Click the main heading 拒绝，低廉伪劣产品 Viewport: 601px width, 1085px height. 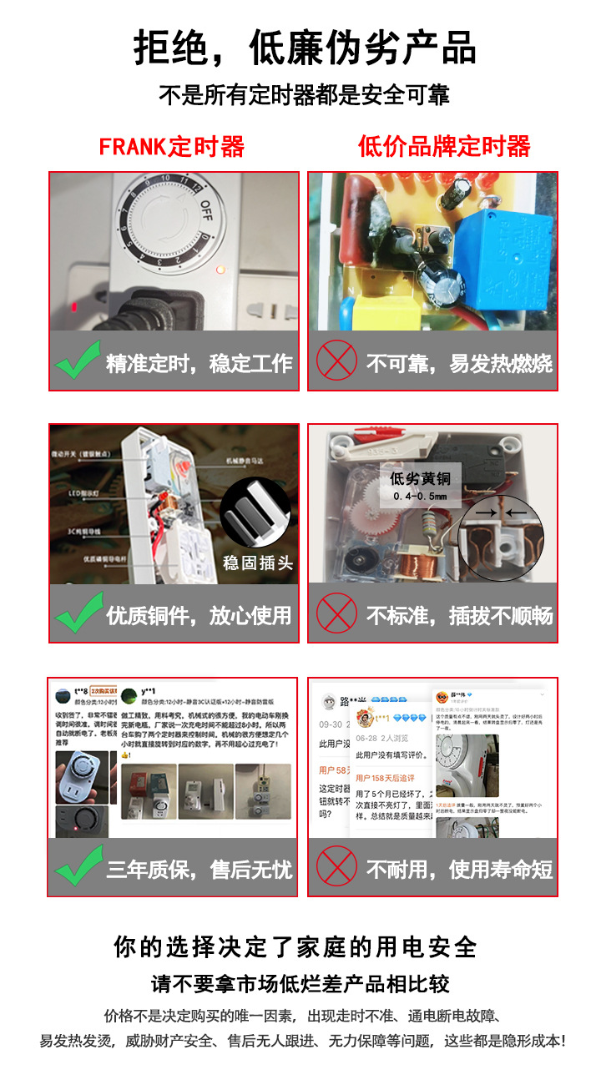pyautogui.click(x=305, y=48)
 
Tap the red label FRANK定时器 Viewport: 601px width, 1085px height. pyautogui.click(x=171, y=147)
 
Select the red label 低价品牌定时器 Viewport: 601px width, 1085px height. pyautogui.click(x=444, y=147)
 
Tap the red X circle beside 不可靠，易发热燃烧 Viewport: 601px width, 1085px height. pyautogui.click(x=336, y=361)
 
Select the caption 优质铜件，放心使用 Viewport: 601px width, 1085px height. pyautogui.click(x=199, y=615)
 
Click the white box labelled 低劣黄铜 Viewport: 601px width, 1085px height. pyautogui.click(x=420, y=487)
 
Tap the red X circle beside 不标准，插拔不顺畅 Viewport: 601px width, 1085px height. pyautogui.click(x=336, y=615)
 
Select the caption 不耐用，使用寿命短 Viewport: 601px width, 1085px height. pyautogui.click(x=459, y=869)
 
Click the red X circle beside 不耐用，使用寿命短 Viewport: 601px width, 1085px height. pyautogui.click(x=336, y=869)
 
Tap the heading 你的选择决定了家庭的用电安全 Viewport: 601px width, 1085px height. pyautogui.click(x=295, y=946)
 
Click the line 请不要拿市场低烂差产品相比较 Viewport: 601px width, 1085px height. pyautogui.click(x=300, y=984)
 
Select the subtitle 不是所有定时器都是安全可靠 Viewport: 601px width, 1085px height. pyautogui.click(x=304, y=96)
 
